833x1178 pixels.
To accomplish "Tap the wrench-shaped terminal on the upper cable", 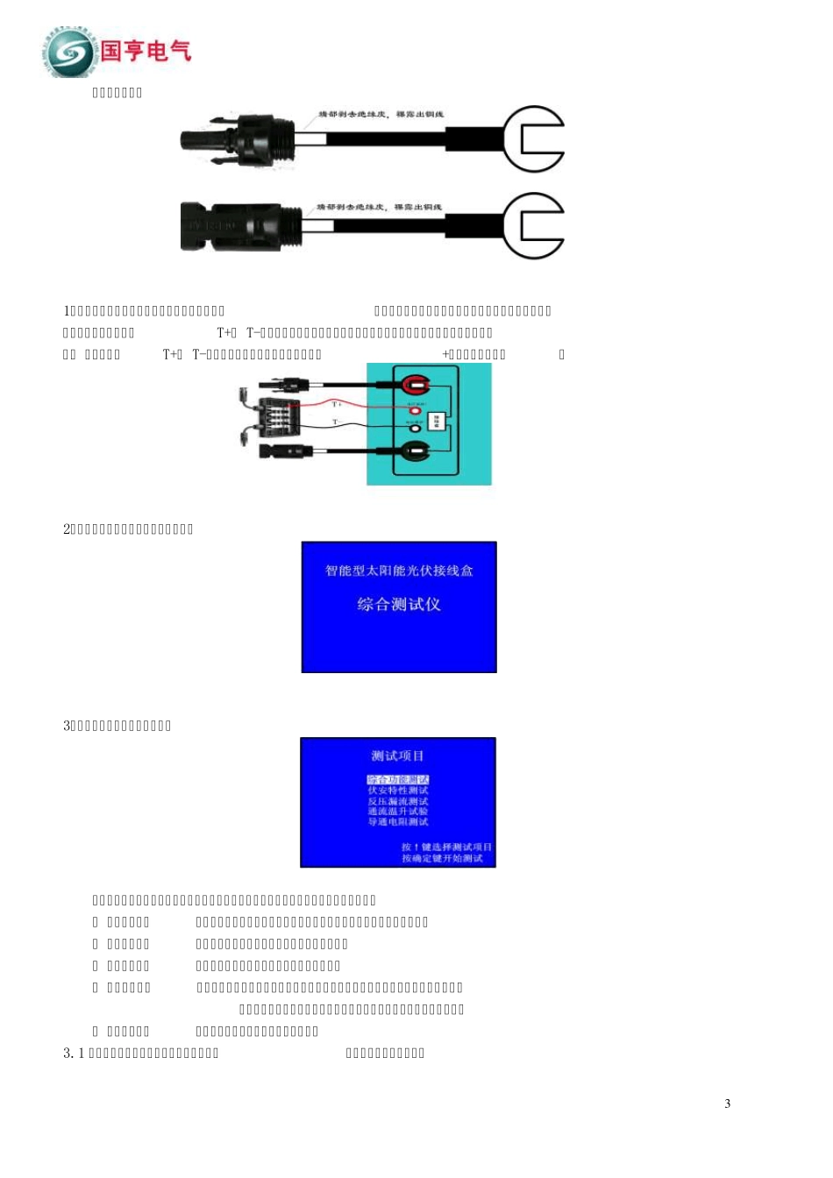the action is [x=533, y=139].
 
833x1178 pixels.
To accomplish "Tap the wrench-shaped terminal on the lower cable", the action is [x=533, y=226].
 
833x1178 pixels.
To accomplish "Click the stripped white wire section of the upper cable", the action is [x=311, y=138].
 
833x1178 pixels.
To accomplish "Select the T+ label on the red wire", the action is [x=338, y=404].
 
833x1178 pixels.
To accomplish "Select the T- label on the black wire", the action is [x=337, y=422].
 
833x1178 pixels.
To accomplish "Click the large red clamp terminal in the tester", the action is [x=416, y=384].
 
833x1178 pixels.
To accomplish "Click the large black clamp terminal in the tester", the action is [x=414, y=452].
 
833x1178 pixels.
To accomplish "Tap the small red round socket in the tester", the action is [x=415, y=410].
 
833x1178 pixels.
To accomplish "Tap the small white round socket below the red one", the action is [x=415, y=429].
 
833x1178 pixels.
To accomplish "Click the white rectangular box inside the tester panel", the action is [x=438, y=420].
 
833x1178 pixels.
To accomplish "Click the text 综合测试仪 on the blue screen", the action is [x=399, y=605].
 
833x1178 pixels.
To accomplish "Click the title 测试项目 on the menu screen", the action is [x=397, y=756].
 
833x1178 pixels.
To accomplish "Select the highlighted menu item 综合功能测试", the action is [x=398, y=779].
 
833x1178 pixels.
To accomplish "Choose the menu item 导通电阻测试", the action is [x=398, y=822].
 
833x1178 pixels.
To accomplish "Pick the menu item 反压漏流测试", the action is [x=398, y=801].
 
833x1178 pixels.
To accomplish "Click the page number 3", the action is [x=727, y=1103].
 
